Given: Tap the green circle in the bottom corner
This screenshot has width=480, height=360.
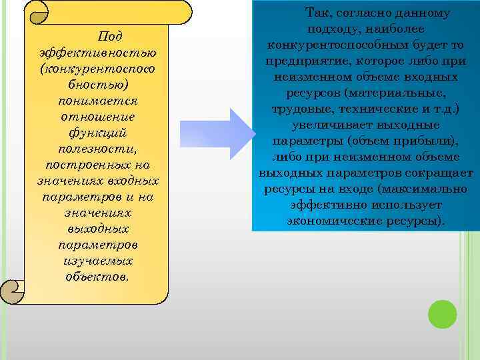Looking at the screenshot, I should (442, 314).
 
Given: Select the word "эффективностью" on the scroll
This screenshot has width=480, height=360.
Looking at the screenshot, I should (98, 53).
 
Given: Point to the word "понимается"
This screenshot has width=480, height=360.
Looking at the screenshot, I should (98, 101).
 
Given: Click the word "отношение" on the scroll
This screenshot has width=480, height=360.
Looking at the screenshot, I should (98, 117).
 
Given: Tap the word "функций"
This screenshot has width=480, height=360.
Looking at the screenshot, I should (98, 133).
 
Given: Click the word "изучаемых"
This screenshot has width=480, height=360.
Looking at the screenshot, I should (98, 261).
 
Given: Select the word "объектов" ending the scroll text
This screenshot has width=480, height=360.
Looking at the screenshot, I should (97, 277).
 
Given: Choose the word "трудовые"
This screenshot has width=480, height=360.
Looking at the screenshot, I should (299, 109).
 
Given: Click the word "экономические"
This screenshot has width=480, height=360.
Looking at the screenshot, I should (329, 220).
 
